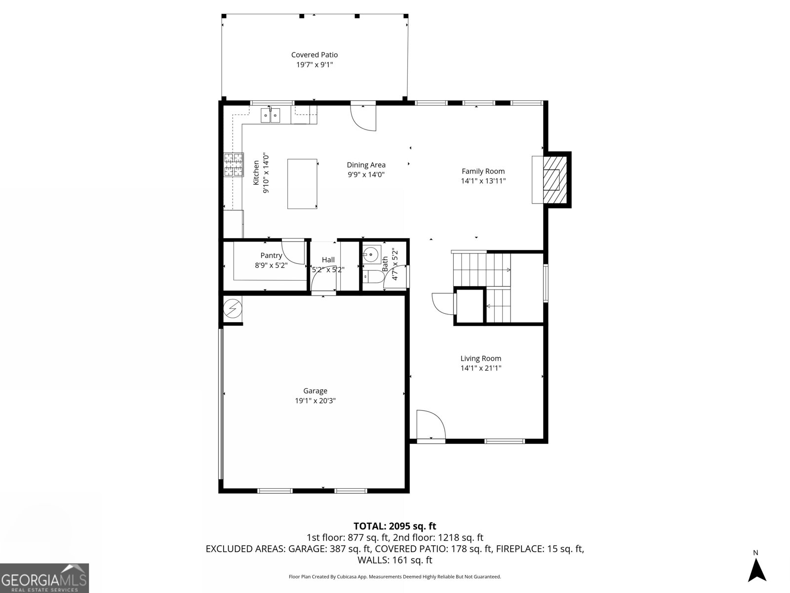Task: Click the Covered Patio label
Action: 315,55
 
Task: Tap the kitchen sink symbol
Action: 270,116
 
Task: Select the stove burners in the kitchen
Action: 234,165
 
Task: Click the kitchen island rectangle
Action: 302,184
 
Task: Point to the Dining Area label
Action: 366,165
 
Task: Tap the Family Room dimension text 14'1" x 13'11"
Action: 483,181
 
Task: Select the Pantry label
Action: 271,255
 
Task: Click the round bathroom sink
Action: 370,254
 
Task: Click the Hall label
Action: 328,260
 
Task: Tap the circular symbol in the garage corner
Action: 232,309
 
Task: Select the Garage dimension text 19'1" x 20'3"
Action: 315,401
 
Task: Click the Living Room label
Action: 480,359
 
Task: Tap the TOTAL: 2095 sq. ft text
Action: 395,526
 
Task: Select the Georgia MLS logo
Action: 44,578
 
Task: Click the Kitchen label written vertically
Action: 256,172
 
